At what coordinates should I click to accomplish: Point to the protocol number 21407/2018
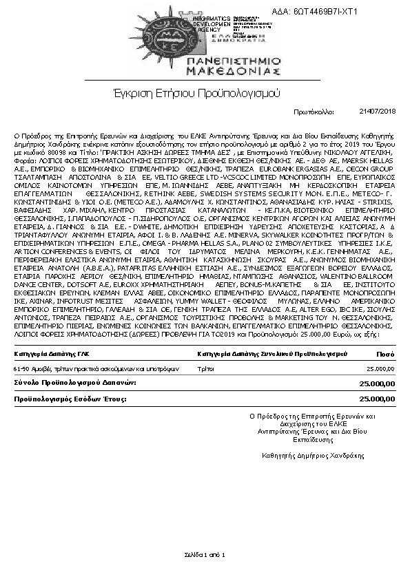[378, 110]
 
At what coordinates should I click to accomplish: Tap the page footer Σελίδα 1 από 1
[205, 554]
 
